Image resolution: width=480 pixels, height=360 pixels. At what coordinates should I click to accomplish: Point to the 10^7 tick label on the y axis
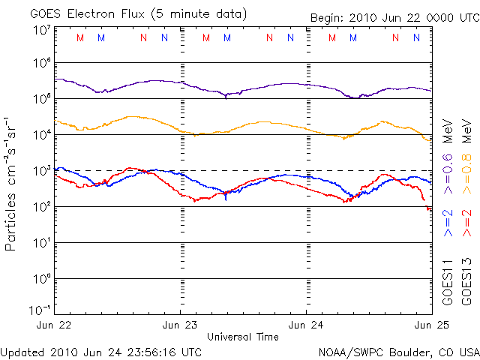41,31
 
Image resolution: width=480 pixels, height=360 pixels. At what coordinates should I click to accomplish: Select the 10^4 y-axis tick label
41,135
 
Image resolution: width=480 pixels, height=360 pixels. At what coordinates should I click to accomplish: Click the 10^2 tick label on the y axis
41,207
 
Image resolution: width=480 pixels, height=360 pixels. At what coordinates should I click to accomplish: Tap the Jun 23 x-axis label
181,325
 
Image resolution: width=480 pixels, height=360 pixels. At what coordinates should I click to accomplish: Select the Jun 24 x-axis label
306,325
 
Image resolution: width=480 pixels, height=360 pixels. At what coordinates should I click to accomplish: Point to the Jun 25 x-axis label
430,325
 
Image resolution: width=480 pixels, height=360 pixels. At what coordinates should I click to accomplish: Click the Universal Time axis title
242,337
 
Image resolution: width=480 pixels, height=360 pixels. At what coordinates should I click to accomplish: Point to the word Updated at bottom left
22,351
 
